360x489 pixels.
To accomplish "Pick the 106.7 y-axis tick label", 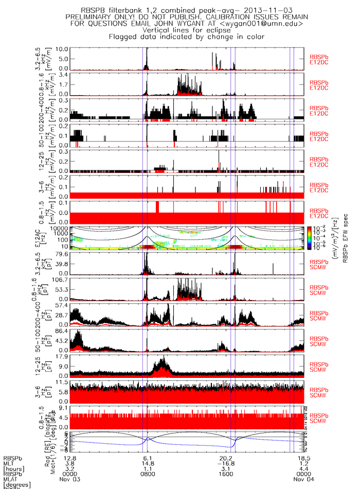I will pos(60,280).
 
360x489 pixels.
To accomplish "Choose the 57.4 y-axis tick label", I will pos(62,305).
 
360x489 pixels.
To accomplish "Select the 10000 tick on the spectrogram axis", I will pos(59,228).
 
